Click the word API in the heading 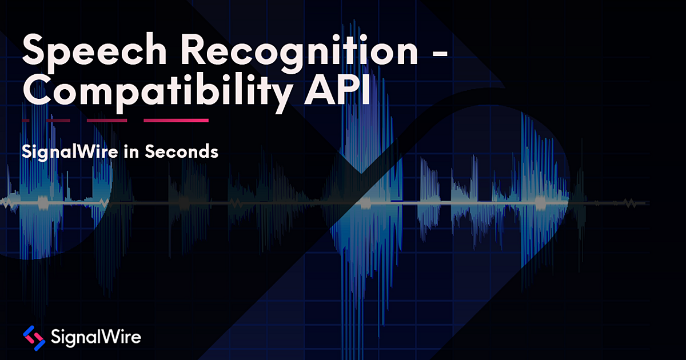click(337, 89)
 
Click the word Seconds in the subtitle click(182, 151)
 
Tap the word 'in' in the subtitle click(131, 151)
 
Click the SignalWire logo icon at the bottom click(34, 338)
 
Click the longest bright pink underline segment click(176, 121)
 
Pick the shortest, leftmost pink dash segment click(26, 121)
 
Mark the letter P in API click(349, 89)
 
